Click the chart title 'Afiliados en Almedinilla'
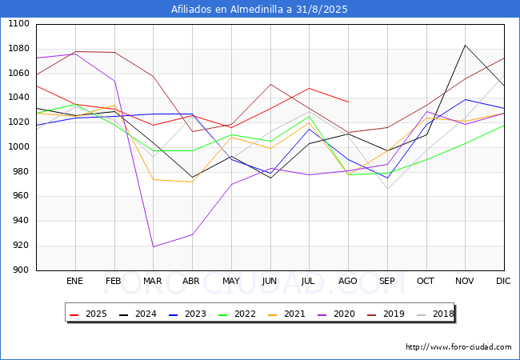(259, 10)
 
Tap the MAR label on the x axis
(153, 281)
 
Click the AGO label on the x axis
(348, 281)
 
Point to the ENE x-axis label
(74, 281)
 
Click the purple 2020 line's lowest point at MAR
(153, 247)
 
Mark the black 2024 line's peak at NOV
(466, 46)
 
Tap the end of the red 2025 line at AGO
(348, 102)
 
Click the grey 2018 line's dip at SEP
(387, 189)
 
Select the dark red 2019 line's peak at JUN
(270, 84)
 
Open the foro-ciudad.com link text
(458, 347)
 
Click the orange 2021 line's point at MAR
(153, 179)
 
